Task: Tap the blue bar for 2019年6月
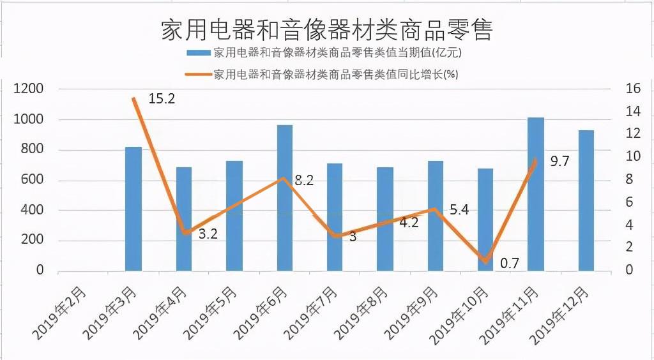(285, 198)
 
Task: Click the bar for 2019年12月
(586, 200)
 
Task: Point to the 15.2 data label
(162, 99)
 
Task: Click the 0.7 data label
(508, 262)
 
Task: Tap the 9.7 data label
(559, 161)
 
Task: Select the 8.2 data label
(304, 181)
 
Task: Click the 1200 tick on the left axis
(28, 89)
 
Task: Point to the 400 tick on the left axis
(32, 210)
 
